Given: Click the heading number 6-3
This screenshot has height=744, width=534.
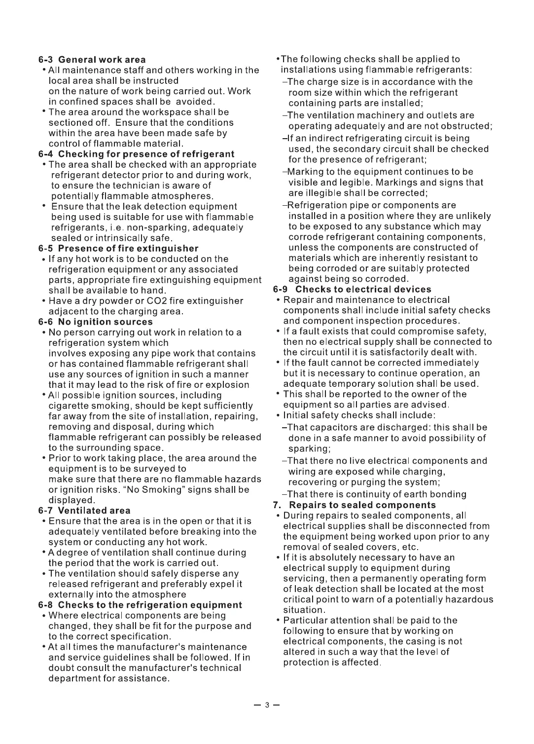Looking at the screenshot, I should click(x=46, y=60).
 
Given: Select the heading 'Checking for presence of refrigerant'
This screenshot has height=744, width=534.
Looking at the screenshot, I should click(x=146, y=154).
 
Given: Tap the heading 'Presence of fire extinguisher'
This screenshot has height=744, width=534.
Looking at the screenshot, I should click(x=128, y=248).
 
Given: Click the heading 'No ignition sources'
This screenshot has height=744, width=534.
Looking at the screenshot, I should click(x=105, y=322).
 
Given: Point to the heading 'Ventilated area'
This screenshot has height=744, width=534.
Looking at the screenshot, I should click(x=94, y=511).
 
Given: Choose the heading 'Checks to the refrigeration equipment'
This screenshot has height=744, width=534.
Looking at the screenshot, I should click(x=150, y=605).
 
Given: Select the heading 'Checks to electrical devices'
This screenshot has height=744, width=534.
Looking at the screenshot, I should click(x=363, y=289).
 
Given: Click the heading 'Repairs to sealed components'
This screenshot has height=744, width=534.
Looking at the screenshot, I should click(x=362, y=505).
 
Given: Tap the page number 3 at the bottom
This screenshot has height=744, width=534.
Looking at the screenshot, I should click(x=267, y=705).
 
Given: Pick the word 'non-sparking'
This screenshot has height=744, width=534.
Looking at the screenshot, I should click(x=159, y=227).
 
